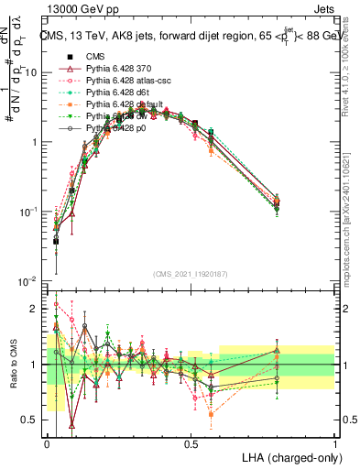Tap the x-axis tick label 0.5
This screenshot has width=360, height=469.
coord(191,444)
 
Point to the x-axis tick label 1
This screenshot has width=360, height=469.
coord(334,444)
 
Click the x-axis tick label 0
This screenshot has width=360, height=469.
coord(48,444)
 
